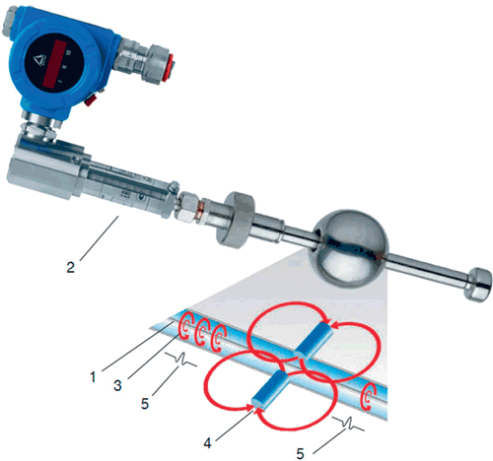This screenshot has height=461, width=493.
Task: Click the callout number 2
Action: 71,267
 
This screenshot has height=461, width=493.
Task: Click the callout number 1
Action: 94,377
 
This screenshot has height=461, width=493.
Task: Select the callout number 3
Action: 117,385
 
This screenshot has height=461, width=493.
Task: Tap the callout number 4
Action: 207,443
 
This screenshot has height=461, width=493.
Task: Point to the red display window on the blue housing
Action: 53,63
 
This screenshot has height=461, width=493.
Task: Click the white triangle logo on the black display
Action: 38,60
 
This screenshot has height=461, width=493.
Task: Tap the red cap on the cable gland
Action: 169,70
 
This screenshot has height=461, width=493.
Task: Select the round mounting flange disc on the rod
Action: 235,220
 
